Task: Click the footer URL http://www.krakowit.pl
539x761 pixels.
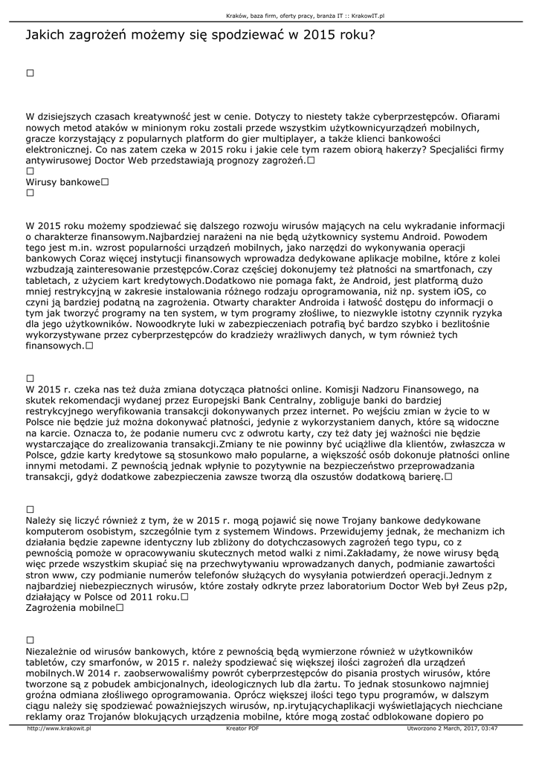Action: pyautogui.click(x=59, y=728)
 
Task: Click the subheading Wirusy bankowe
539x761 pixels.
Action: pyautogui.click(x=62, y=182)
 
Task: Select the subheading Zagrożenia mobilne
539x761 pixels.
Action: pyautogui.click(x=70, y=608)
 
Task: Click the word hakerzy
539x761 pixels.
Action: pyautogui.click(x=394, y=149)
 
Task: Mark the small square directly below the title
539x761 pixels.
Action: pyautogui.click(x=30, y=73)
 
